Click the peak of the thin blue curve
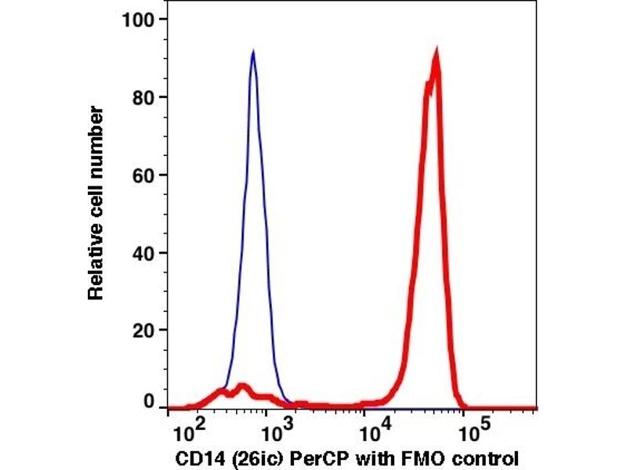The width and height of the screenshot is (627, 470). [x=252, y=52]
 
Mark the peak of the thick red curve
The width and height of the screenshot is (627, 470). [x=436, y=53]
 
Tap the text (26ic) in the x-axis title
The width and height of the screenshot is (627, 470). [x=250, y=457]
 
